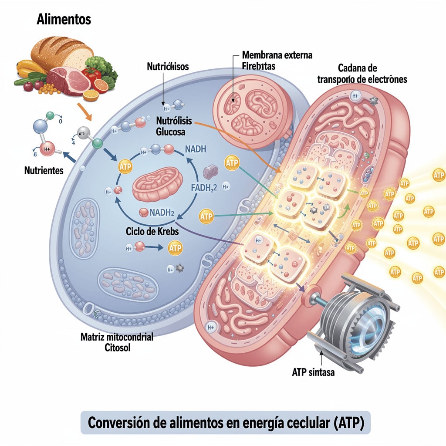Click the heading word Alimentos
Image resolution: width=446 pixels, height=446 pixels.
(64, 19)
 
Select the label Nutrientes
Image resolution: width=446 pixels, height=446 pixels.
(44, 170)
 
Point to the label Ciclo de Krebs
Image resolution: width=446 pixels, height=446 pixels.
(152, 231)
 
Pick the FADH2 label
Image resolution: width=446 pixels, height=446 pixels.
(204, 188)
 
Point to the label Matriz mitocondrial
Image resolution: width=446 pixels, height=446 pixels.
(117, 338)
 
